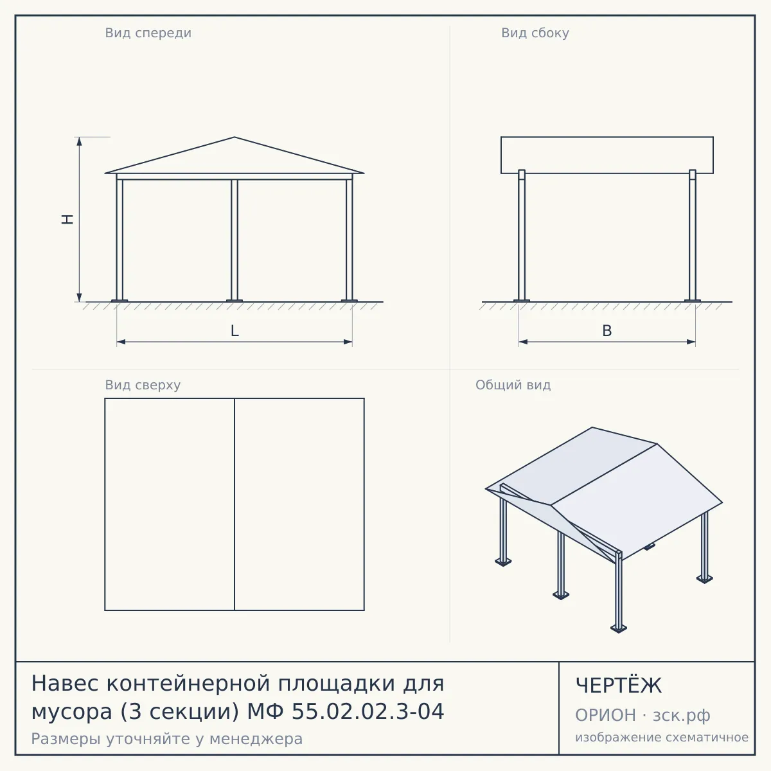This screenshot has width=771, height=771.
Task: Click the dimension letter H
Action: click(67, 219)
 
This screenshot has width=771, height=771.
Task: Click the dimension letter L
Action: click(235, 330)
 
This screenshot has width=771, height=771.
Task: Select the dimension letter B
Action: click(607, 330)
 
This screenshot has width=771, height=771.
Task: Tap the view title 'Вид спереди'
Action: click(148, 33)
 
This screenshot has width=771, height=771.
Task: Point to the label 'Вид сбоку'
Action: click(535, 33)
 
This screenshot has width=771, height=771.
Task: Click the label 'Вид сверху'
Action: click(143, 385)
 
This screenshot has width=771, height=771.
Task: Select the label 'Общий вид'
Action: click(513, 385)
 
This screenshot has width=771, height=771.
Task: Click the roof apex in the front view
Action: click(235, 137)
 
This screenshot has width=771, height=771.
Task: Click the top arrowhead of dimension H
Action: click(79, 140)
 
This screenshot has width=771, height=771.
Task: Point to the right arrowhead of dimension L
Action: click(348, 342)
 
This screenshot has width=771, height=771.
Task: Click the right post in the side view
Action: click(693, 235)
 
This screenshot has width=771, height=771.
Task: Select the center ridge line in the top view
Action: click(235, 504)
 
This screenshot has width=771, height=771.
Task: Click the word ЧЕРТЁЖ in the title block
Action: click(619, 686)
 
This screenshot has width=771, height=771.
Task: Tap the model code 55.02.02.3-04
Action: click(368, 712)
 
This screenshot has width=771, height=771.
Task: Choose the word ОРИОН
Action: click(605, 715)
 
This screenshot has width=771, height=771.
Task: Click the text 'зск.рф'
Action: click(682, 716)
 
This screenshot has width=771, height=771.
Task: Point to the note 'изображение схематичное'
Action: click(662, 737)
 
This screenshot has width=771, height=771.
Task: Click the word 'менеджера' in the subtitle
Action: click(256, 739)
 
